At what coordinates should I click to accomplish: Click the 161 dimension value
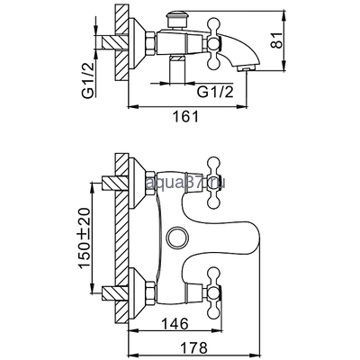[185, 116]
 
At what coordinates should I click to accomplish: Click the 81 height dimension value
[276, 40]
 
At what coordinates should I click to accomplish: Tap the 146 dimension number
[175, 323]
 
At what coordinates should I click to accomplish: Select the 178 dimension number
[193, 347]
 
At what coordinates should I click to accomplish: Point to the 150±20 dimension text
[85, 238]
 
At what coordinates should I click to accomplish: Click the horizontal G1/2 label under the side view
[215, 92]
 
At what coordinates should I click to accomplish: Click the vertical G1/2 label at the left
[89, 80]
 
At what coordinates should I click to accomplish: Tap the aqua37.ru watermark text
[185, 182]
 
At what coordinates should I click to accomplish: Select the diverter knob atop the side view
[175, 19]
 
